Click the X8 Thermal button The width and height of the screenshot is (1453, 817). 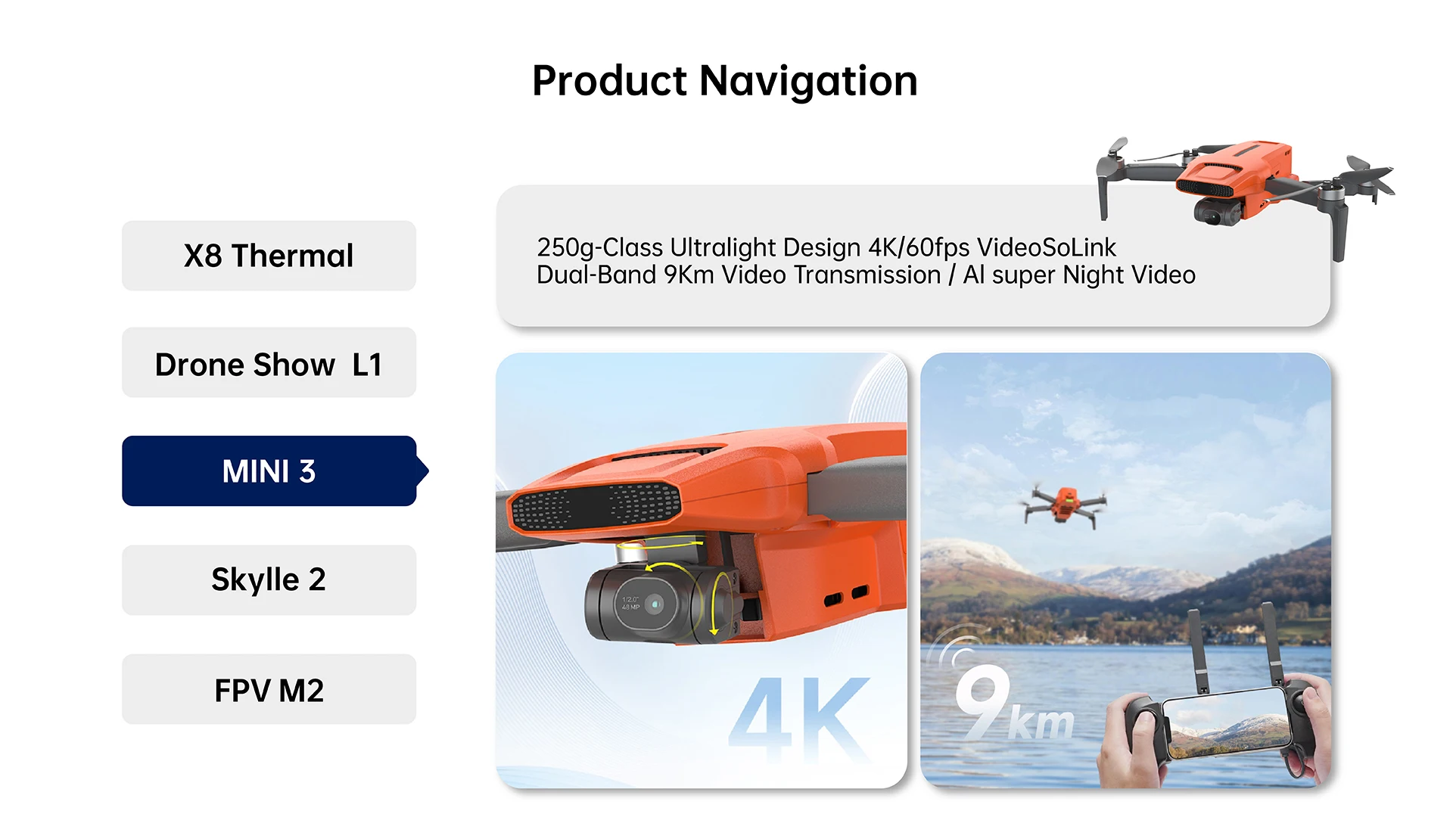point(269,256)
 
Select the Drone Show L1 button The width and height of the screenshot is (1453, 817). point(269,363)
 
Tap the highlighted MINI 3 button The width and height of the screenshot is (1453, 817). point(269,471)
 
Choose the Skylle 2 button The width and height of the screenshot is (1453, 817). point(269,580)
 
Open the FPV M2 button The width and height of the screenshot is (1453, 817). point(269,689)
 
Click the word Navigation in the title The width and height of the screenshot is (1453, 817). point(808,82)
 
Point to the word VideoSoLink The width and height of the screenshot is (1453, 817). point(1047,247)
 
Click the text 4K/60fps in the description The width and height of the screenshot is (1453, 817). point(919,247)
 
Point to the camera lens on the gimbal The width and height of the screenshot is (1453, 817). point(652,604)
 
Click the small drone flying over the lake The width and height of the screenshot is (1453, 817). point(1066,504)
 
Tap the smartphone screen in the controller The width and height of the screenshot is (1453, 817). point(1226,725)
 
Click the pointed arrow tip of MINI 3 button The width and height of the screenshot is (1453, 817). point(429,471)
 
